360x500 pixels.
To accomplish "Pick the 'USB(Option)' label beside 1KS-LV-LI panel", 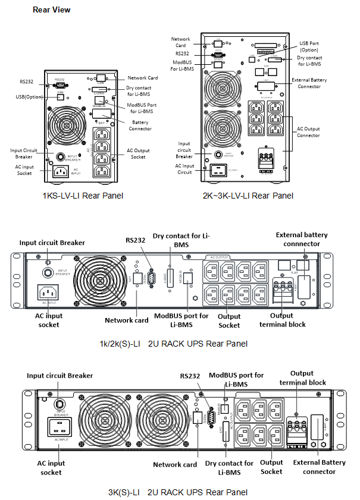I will pos(29,96).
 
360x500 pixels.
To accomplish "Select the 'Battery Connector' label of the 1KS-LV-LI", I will pos(140,125).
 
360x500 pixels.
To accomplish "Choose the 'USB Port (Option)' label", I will pos(312,46).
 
